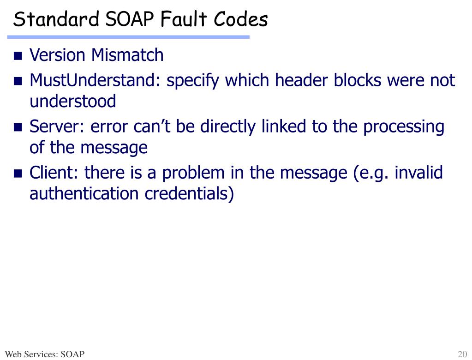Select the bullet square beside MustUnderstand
[18, 82]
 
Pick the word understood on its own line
[73, 101]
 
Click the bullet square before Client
[18, 174]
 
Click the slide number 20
[462, 354]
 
